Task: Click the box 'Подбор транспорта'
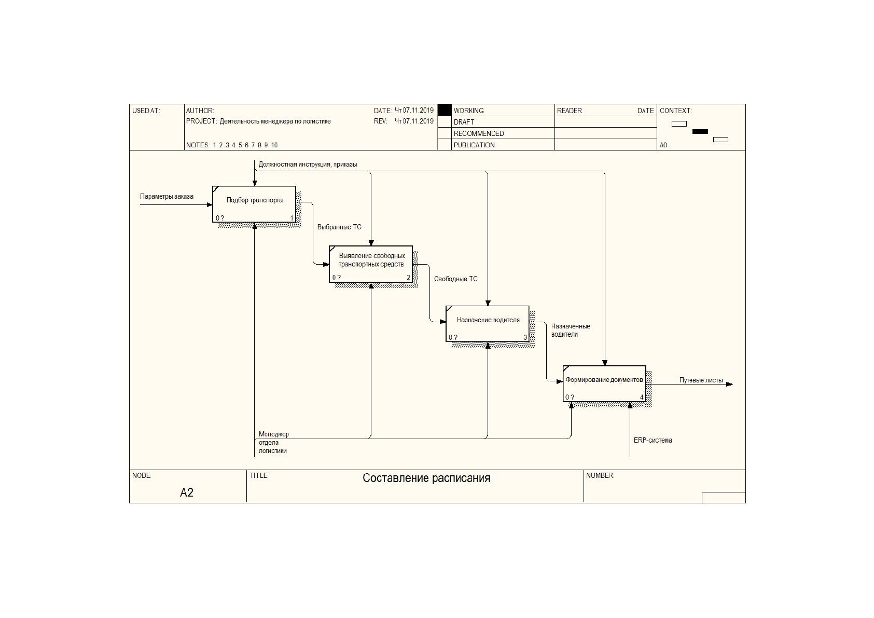click(254, 204)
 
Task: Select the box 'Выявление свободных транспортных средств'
click(371, 264)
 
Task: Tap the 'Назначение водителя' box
click(488, 324)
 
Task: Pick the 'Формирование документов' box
click(604, 383)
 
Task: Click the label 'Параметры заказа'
click(167, 196)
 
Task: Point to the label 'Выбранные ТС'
click(339, 227)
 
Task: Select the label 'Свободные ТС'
click(456, 279)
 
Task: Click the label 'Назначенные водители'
click(571, 331)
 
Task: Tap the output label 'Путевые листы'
click(701, 380)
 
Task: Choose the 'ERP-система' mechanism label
click(653, 440)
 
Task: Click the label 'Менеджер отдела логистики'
click(273, 442)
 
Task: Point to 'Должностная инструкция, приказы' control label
click(308, 164)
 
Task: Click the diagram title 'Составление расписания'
click(426, 478)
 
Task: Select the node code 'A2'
click(187, 492)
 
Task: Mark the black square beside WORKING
click(445, 110)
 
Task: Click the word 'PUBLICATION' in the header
click(474, 145)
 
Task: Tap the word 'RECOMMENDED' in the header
click(479, 133)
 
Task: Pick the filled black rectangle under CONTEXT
click(700, 132)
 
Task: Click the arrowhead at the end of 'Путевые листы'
click(730, 384)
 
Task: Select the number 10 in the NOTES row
click(274, 145)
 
